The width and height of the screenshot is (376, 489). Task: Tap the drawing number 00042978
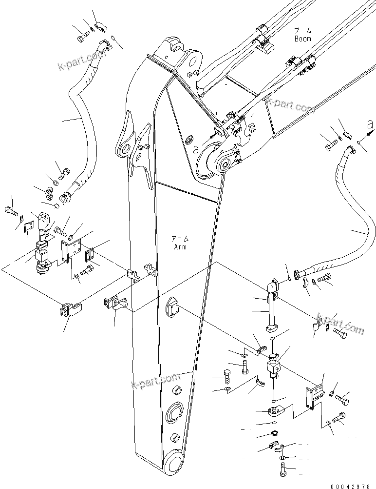point(353,485)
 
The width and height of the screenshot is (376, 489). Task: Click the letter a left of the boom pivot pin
point(196,151)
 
